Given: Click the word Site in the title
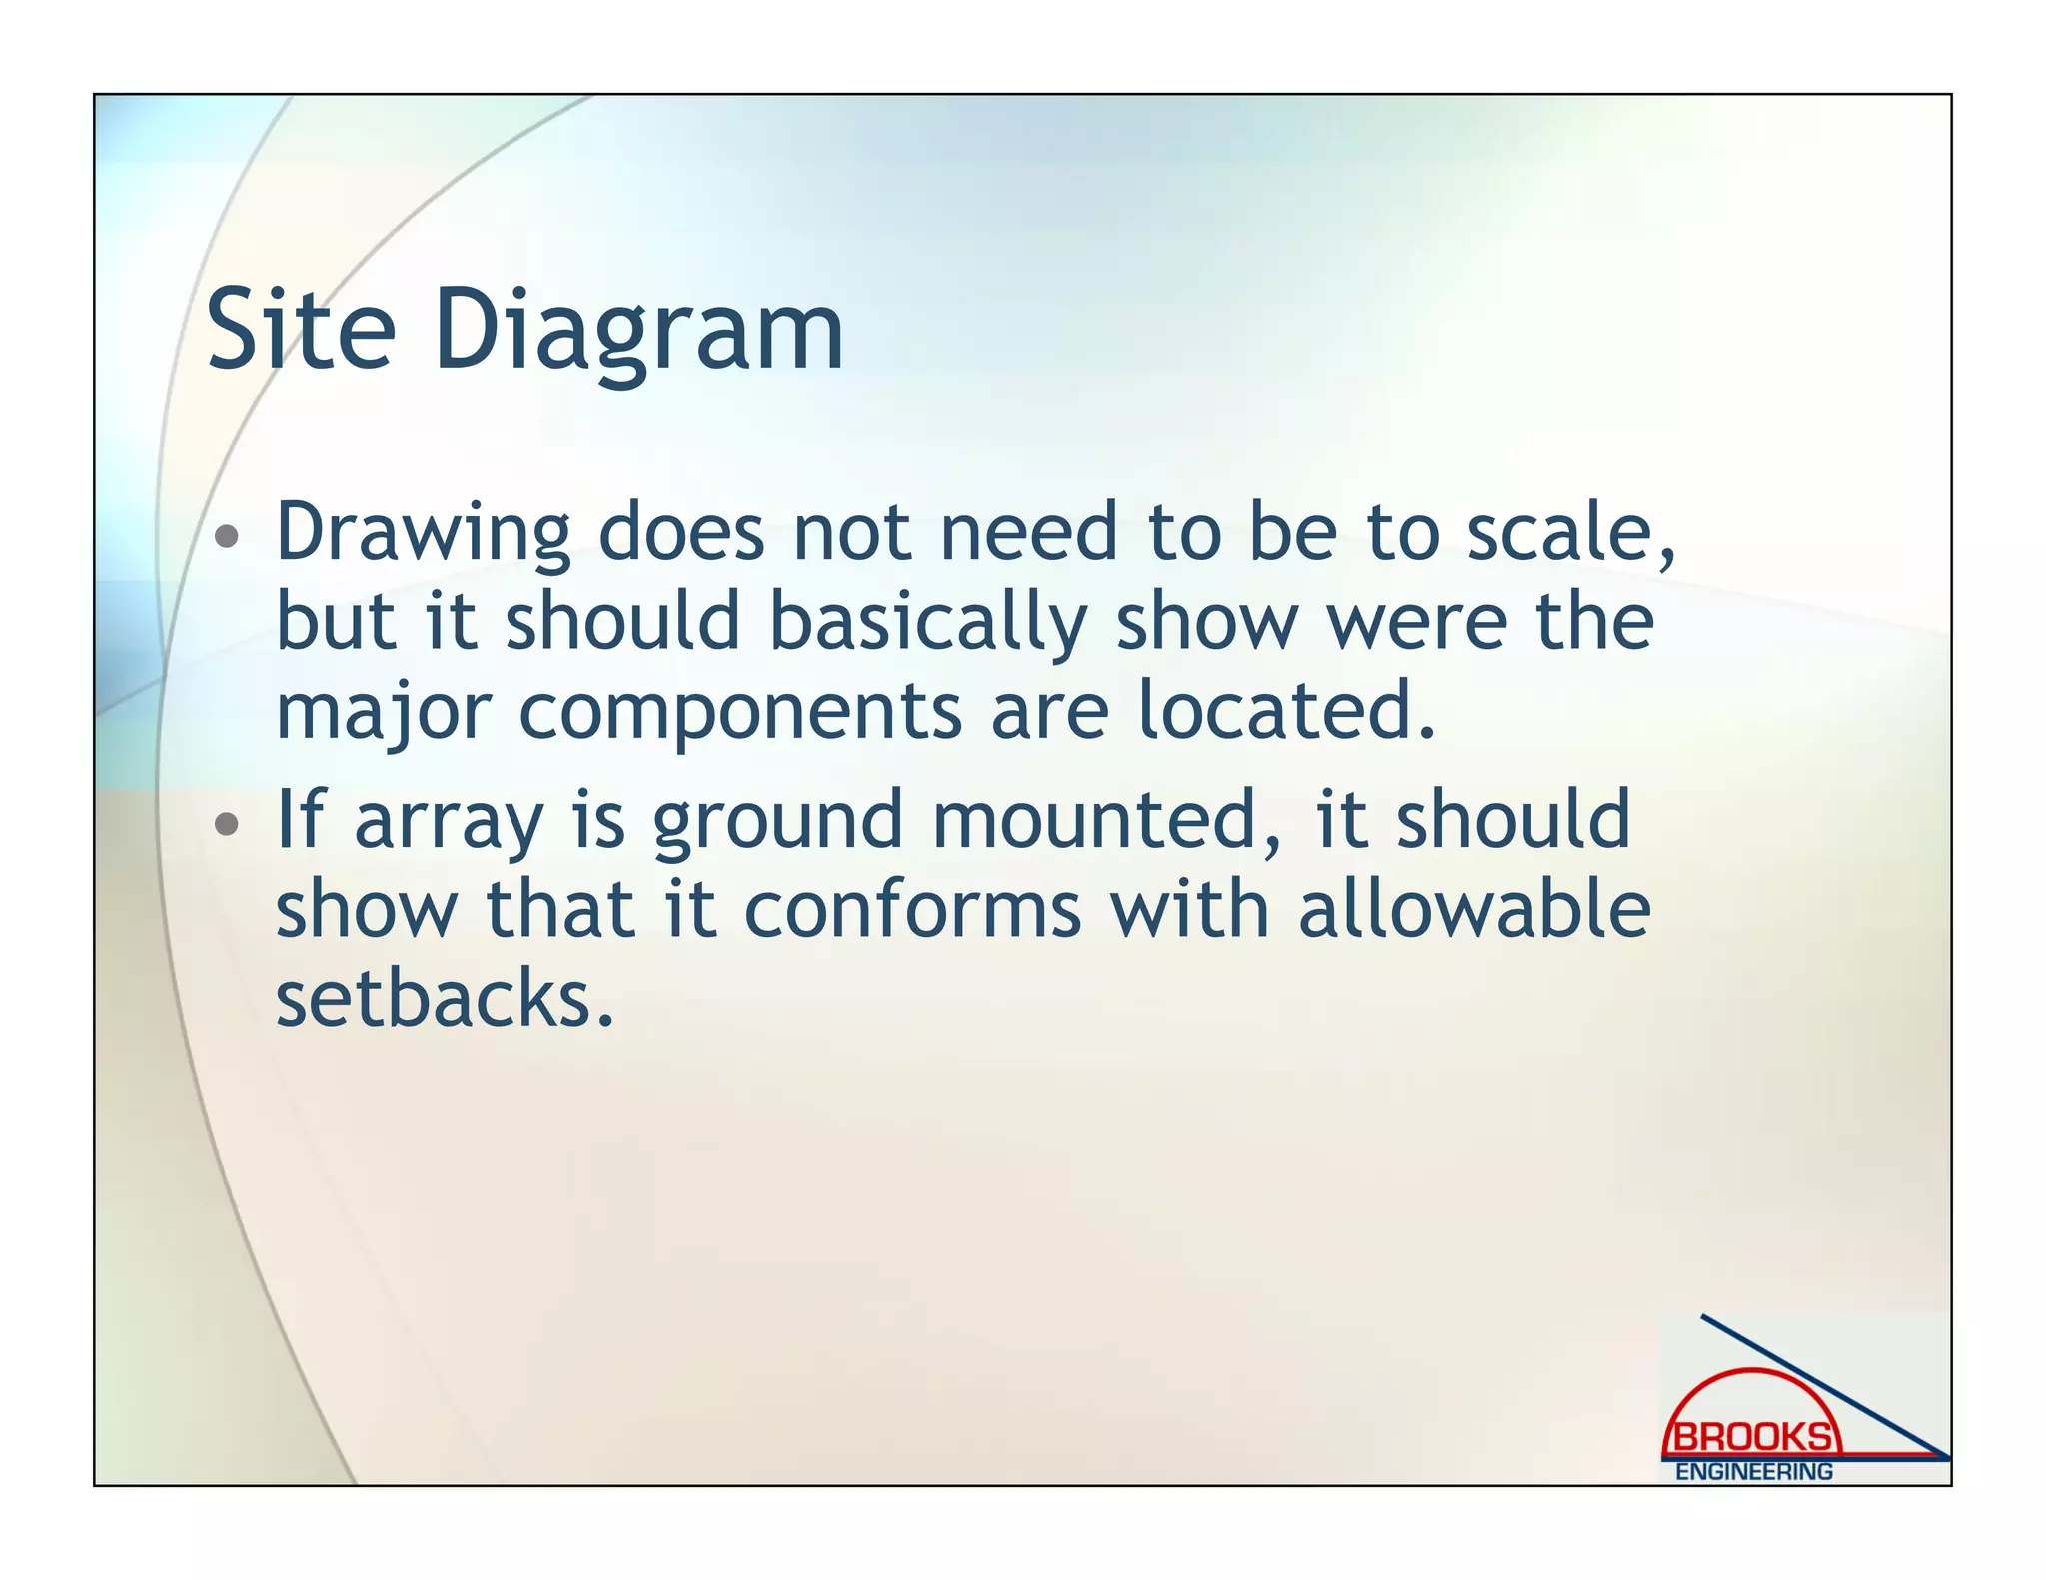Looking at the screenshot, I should pyautogui.click(x=301, y=330).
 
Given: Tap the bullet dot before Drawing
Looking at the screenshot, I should pyautogui.click(x=228, y=537).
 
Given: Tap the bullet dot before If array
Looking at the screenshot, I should pyautogui.click(x=228, y=824).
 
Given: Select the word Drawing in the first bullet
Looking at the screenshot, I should pyautogui.click(x=423, y=533).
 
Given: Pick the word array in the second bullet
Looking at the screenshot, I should pyautogui.click(x=449, y=822).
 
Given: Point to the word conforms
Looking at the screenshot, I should pyautogui.click(x=912, y=910).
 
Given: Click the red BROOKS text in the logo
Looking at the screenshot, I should pyautogui.click(x=1752, y=1438).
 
